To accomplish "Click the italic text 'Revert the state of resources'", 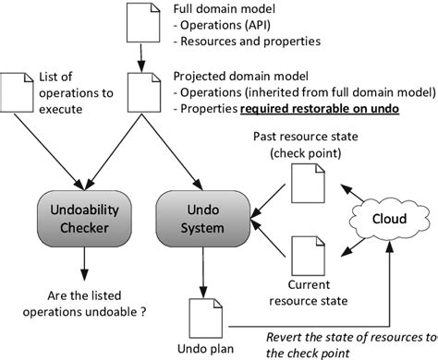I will (x=349, y=337).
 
